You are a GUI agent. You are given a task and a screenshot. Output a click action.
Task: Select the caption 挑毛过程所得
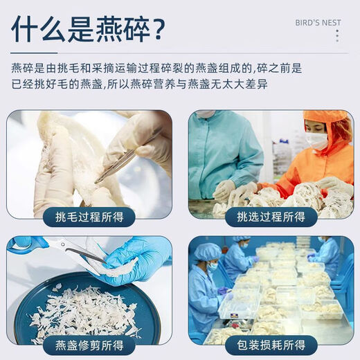89,217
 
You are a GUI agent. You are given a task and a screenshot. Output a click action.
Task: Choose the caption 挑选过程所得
271,217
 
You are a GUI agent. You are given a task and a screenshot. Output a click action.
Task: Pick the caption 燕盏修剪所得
89,345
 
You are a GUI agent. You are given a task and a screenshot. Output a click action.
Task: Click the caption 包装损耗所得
271,345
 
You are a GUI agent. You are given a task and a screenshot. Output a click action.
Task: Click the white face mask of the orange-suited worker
316,141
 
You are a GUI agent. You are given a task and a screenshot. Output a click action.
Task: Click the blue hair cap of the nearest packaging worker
206,251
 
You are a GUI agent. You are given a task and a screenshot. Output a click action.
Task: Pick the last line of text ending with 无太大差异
138,84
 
